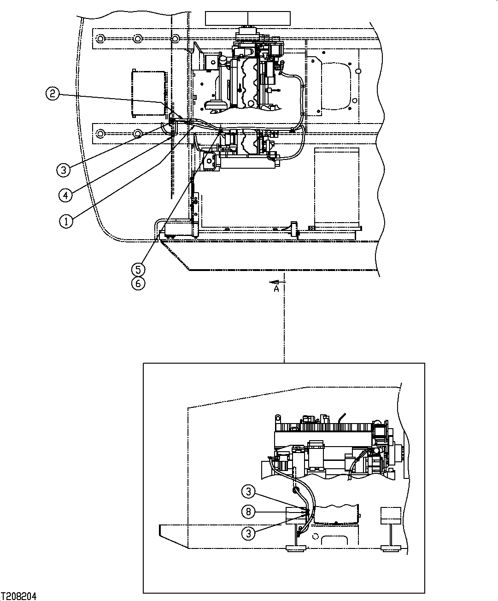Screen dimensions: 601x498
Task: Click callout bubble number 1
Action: coord(66,221)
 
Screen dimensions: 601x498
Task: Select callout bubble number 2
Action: coord(52,94)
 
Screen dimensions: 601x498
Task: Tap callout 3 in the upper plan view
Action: coord(64,170)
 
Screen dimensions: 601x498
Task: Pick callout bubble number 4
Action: coord(65,195)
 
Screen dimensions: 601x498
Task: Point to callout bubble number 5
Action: coord(138,269)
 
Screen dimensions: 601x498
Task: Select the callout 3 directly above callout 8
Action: coord(248,492)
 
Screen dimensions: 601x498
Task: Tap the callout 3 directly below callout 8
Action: coord(248,533)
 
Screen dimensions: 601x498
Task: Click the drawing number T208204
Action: coord(19,596)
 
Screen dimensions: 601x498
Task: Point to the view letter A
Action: coord(276,289)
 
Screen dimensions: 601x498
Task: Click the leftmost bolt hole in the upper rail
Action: coord(101,38)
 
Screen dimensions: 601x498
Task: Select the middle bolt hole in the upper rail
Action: coord(137,38)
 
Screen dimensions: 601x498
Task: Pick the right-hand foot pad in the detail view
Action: coord(391,548)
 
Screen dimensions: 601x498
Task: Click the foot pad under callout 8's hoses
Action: coord(296,548)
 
